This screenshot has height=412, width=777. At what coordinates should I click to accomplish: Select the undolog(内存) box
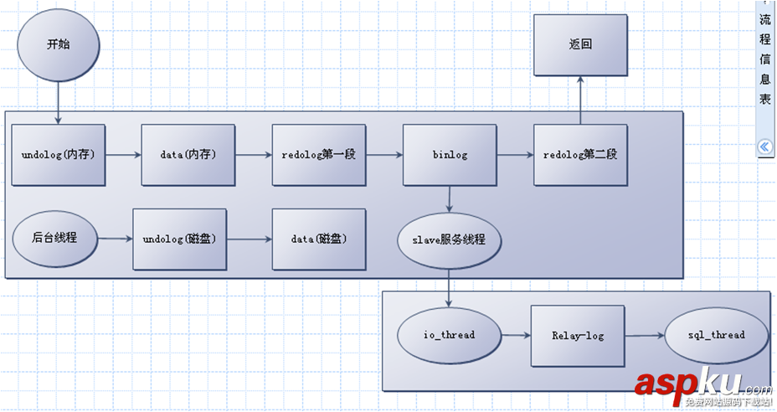pyautogui.click(x=58, y=155)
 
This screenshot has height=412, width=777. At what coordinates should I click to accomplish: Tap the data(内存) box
pyautogui.click(x=188, y=155)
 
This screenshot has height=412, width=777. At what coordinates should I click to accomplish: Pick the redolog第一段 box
pyautogui.click(x=319, y=155)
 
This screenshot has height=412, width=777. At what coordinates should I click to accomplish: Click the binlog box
pyautogui.click(x=450, y=155)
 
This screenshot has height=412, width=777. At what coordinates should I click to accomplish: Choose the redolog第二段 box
pyautogui.click(x=580, y=155)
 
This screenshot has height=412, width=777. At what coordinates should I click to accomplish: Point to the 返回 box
pyautogui.click(x=580, y=45)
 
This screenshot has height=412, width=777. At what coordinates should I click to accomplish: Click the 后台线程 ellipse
pyautogui.click(x=54, y=238)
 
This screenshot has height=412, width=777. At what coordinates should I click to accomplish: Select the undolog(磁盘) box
pyautogui.click(x=180, y=239)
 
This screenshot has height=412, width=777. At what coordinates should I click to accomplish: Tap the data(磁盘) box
pyautogui.click(x=319, y=239)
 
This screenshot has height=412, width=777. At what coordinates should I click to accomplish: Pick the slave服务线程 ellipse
pyautogui.click(x=450, y=239)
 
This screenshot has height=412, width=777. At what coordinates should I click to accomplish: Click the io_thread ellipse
pyautogui.click(x=448, y=335)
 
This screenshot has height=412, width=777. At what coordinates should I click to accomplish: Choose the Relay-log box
pyautogui.click(x=578, y=335)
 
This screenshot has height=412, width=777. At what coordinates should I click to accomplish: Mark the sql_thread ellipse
pyautogui.click(x=716, y=335)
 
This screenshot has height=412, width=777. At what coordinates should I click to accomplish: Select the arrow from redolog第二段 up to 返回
pyautogui.click(x=580, y=97)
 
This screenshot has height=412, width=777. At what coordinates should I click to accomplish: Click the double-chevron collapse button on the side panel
pyautogui.click(x=764, y=147)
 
